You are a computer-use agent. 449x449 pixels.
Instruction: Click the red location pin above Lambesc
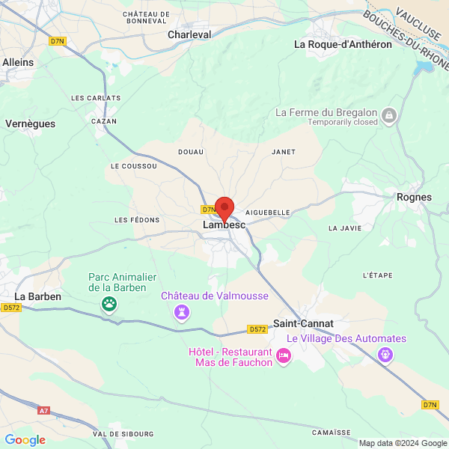224,207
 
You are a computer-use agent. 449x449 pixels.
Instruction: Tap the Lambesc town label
224,224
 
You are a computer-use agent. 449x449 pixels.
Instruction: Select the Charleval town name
189,34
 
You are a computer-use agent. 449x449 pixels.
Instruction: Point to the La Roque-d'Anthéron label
343,44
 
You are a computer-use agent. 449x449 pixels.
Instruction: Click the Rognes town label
414,198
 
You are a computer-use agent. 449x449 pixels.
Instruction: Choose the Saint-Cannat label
302,323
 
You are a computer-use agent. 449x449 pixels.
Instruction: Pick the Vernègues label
30,123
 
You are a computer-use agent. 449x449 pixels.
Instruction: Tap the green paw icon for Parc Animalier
110,303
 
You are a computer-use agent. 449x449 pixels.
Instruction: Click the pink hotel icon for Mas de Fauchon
283,356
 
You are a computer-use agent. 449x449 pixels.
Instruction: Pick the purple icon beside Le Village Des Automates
385,354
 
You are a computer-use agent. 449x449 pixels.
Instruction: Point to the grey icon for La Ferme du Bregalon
388,115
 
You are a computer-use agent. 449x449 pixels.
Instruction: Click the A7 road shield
43,410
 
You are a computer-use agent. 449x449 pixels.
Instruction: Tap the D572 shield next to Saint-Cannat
257,329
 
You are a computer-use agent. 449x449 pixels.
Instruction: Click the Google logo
25,440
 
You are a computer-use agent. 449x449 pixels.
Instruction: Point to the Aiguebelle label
267,213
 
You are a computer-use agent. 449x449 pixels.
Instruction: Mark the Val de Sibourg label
123,434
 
